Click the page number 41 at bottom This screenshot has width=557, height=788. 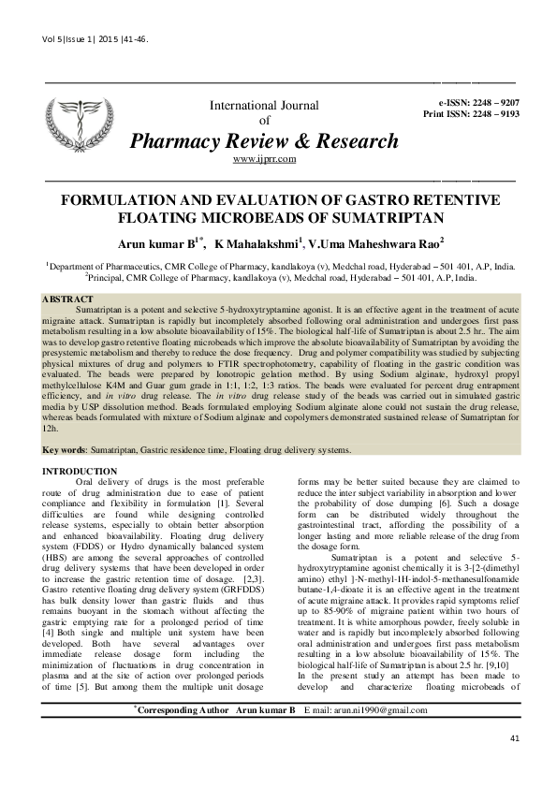click(514, 766)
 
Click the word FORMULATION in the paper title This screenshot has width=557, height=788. click(119, 200)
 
